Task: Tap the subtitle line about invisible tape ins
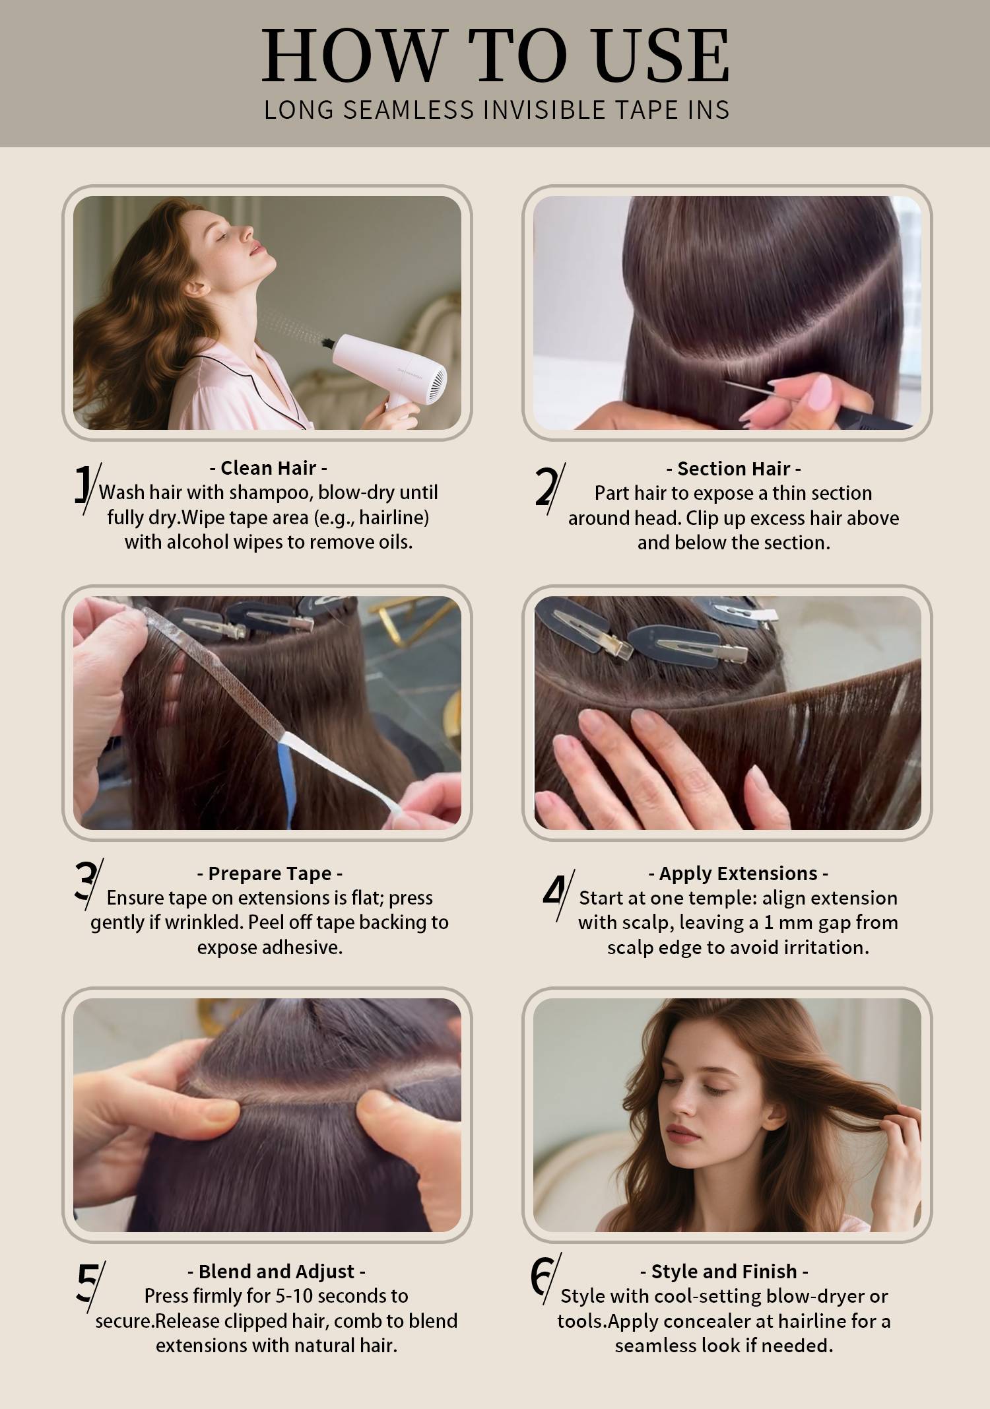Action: click(x=497, y=110)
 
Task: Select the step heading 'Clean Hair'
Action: click(x=269, y=468)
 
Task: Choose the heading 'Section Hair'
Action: click(x=733, y=469)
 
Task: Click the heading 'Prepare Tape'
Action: click(x=270, y=874)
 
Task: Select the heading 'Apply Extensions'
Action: click(x=738, y=874)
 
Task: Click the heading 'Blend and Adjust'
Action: click(x=277, y=1272)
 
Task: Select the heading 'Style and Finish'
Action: click(x=724, y=1272)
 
